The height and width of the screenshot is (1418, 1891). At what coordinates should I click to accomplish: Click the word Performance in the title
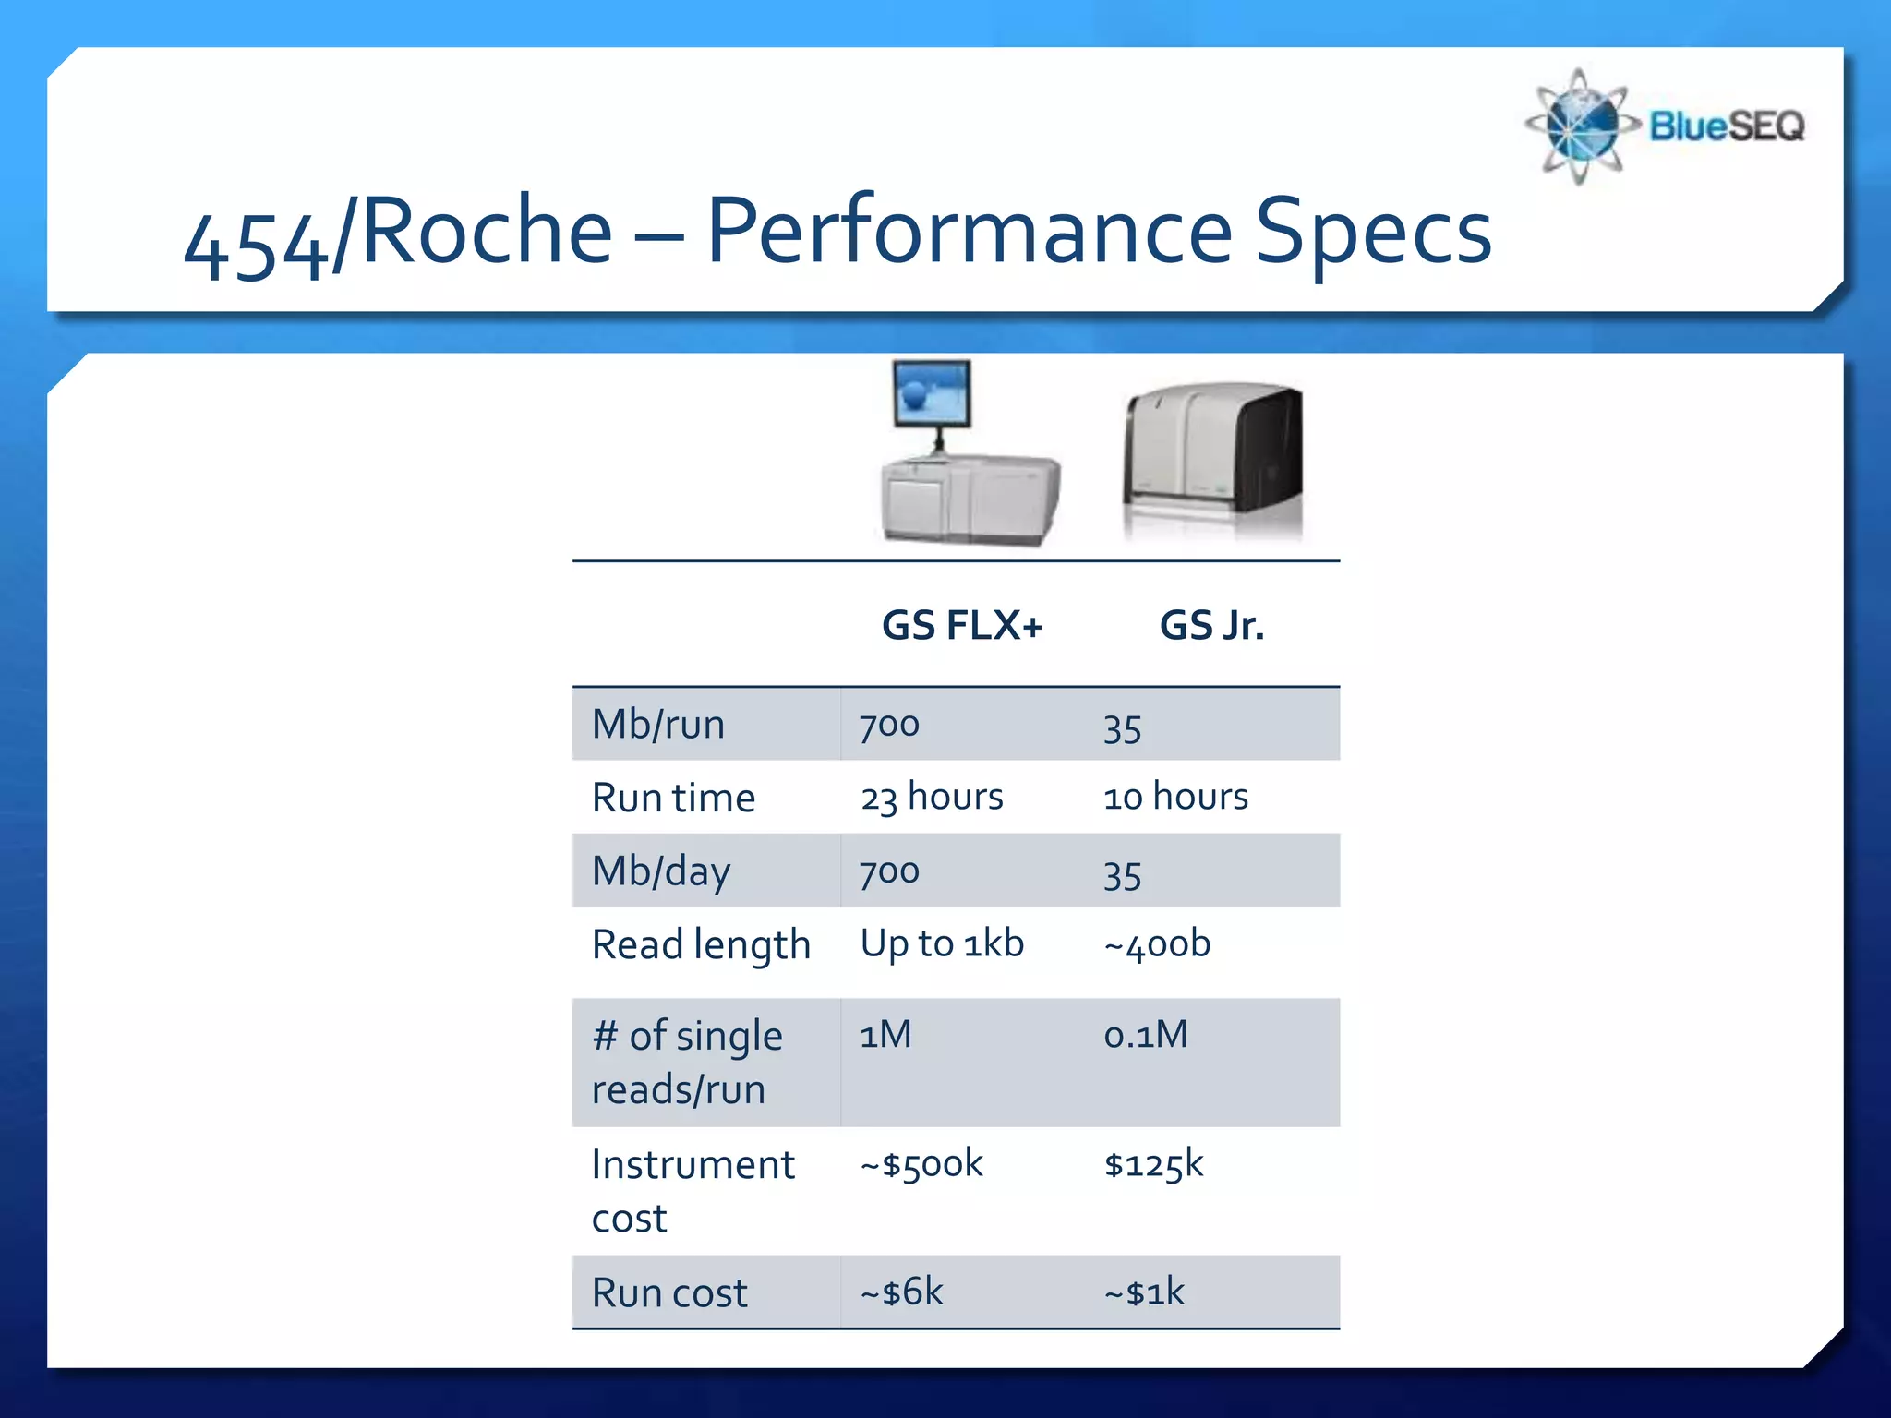point(969,233)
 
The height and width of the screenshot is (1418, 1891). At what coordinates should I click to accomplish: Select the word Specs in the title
point(1373,233)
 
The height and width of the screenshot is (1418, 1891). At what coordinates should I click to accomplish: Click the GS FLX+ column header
point(962,626)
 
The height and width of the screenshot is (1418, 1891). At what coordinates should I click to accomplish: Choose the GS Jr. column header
point(1211,626)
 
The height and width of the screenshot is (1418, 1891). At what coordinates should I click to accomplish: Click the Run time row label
point(673,798)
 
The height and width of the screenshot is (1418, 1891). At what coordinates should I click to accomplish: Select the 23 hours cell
point(932,797)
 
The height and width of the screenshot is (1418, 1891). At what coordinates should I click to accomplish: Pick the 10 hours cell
point(1175,797)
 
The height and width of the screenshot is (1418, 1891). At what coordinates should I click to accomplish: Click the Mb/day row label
point(661,871)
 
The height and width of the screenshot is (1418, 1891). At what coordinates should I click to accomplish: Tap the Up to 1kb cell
point(942,943)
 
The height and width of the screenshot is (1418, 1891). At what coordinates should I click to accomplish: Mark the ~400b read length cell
point(1157,944)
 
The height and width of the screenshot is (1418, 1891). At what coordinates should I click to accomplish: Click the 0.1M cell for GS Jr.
point(1146,1035)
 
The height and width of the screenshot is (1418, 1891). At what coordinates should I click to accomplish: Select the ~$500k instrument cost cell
point(921,1164)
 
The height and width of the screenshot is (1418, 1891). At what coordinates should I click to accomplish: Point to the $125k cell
point(1154,1164)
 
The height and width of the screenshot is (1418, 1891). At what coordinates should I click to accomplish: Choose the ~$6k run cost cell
point(902,1292)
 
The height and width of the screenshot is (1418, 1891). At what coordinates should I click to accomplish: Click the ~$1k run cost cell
point(1144,1292)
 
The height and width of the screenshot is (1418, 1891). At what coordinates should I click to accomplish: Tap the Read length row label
point(701,944)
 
